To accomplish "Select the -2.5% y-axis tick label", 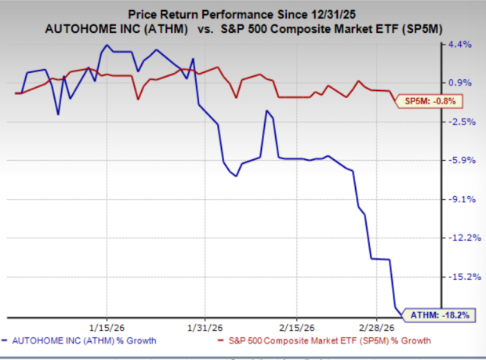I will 460,122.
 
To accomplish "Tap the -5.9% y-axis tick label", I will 460,161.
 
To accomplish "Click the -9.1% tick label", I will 460,199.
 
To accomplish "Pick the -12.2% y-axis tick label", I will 458,238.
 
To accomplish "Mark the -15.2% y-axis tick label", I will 458,276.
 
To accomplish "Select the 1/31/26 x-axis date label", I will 204,327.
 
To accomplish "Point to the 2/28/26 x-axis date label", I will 377,327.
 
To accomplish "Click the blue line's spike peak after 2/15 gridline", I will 268,111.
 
